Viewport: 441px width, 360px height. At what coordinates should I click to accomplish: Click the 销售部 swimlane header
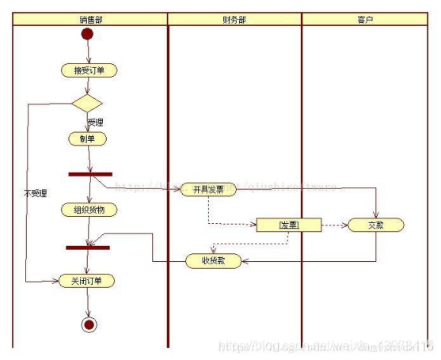[x=90, y=18]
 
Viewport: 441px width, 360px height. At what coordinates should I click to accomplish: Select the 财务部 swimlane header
[x=234, y=18]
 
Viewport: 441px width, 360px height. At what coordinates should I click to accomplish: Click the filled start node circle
[x=87, y=35]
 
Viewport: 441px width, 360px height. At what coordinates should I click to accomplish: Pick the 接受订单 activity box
[x=89, y=70]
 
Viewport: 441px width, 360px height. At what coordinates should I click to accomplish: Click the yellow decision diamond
[x=87, y=103]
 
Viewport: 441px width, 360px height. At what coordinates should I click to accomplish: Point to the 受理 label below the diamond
[x=96, y=122]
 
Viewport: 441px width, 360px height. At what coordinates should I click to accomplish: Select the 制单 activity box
[x=87, y=138]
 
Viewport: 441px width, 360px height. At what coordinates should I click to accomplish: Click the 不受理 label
[x=35, y=192]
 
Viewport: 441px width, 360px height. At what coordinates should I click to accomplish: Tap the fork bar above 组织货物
[x=90, y=174]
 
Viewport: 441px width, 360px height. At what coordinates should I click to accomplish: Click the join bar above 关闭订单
[x=87, y=247]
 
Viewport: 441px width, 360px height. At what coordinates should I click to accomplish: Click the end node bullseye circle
[x=88, y=324]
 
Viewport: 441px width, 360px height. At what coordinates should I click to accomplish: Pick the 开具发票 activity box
[x=209, y=189]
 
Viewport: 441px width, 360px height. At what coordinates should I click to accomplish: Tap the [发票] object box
[x=288, y=225]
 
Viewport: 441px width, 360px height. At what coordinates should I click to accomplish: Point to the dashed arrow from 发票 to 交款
[x=334, y=225]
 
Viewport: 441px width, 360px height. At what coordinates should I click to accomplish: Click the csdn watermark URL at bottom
[x=325, y=346]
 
